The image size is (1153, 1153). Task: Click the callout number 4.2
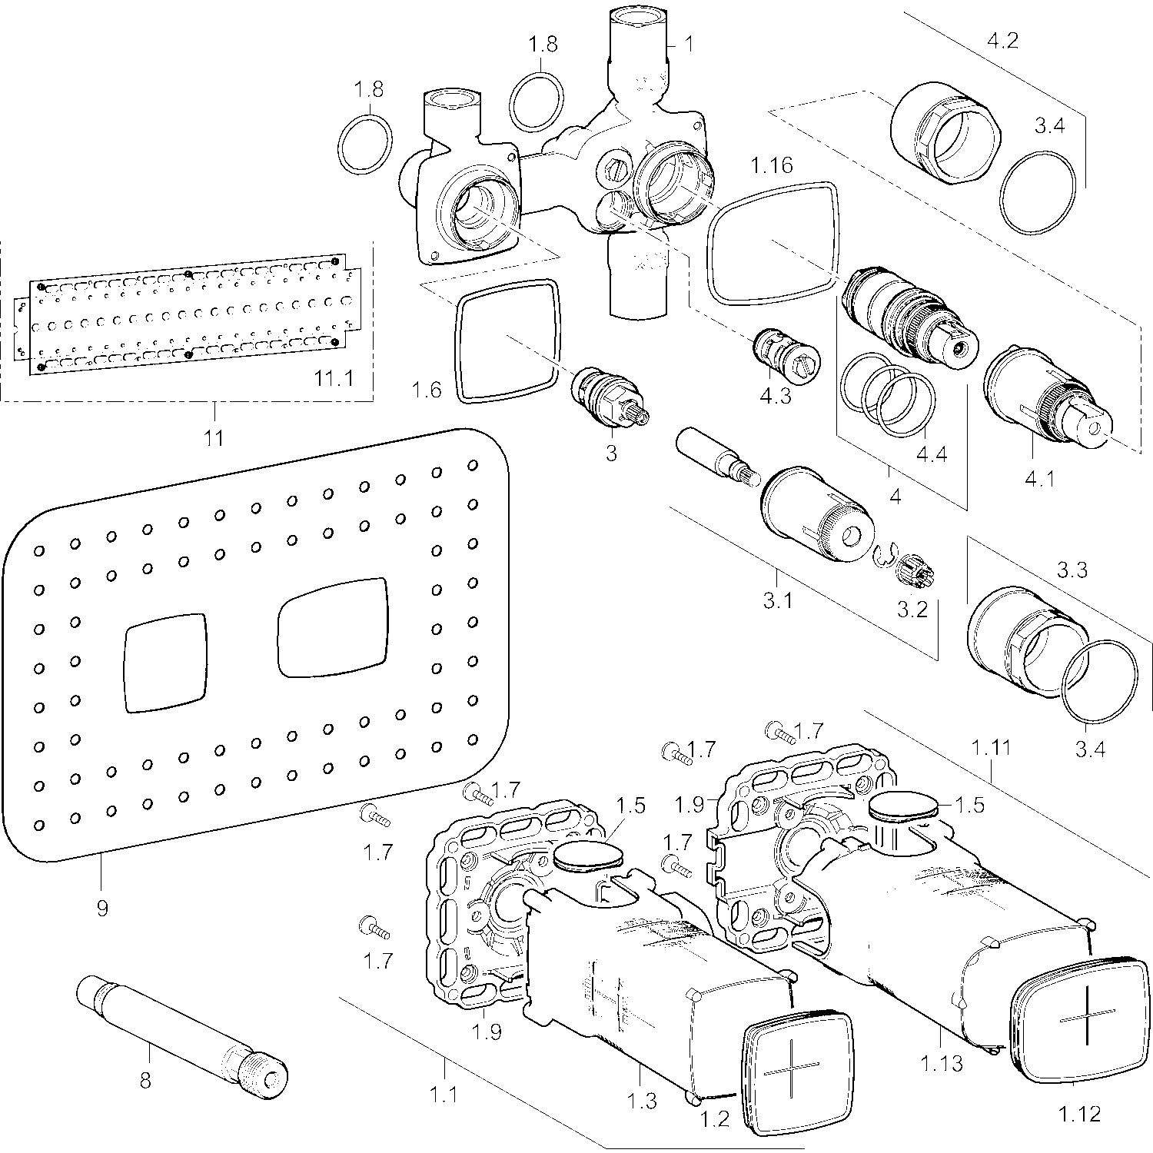point(1002,40)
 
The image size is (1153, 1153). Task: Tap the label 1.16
point(772,165)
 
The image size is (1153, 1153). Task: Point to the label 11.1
point(334,378)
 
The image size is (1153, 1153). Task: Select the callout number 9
point(102,908)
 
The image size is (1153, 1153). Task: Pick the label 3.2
point(912,609)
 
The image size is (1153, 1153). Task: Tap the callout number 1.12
point(1079,1112)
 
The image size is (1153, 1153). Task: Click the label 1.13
point(941,1064)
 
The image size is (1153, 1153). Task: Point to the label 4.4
point(931,454)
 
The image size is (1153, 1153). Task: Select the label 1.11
point(992,747)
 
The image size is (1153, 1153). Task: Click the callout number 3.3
point(1072,570)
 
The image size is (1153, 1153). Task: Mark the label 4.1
point(1039,479)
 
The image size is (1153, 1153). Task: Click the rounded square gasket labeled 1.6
point(507,341)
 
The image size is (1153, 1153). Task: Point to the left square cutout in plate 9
point(164,660)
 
